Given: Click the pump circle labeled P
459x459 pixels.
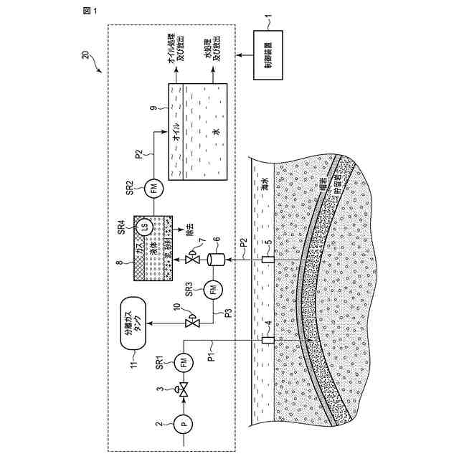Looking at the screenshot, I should point(184,424).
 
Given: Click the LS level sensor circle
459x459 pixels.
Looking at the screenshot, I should point(144,227).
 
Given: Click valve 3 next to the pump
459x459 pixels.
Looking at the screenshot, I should point(184,392).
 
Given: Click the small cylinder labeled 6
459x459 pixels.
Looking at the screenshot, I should point(213,258).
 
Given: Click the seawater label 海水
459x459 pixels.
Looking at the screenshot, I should point(262,182).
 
